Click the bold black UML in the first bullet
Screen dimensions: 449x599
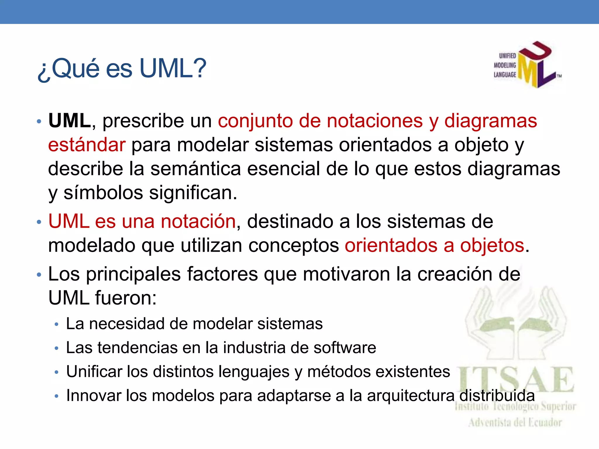[70, 120]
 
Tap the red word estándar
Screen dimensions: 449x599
[87, 145]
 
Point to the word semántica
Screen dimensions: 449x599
[196, 169]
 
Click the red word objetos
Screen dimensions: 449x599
[492, 245]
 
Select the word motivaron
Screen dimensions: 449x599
[346, 274]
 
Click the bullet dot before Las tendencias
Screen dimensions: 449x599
[56, 348]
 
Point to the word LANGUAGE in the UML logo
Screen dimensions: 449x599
[505, 75]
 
